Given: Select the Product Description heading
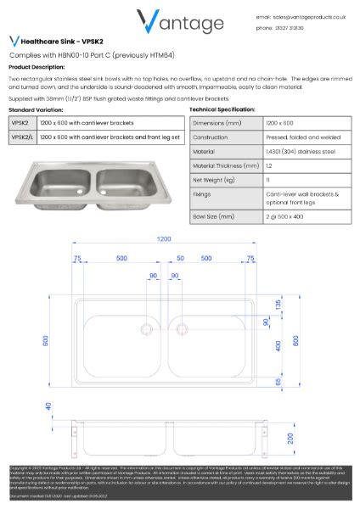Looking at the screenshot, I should point(36,66).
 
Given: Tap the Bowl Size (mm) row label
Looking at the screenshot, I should point(214,216).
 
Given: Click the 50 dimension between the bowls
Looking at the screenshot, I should point(180,257).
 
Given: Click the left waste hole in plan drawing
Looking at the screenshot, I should point(146,328).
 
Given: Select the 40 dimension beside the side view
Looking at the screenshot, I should point(48,406).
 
